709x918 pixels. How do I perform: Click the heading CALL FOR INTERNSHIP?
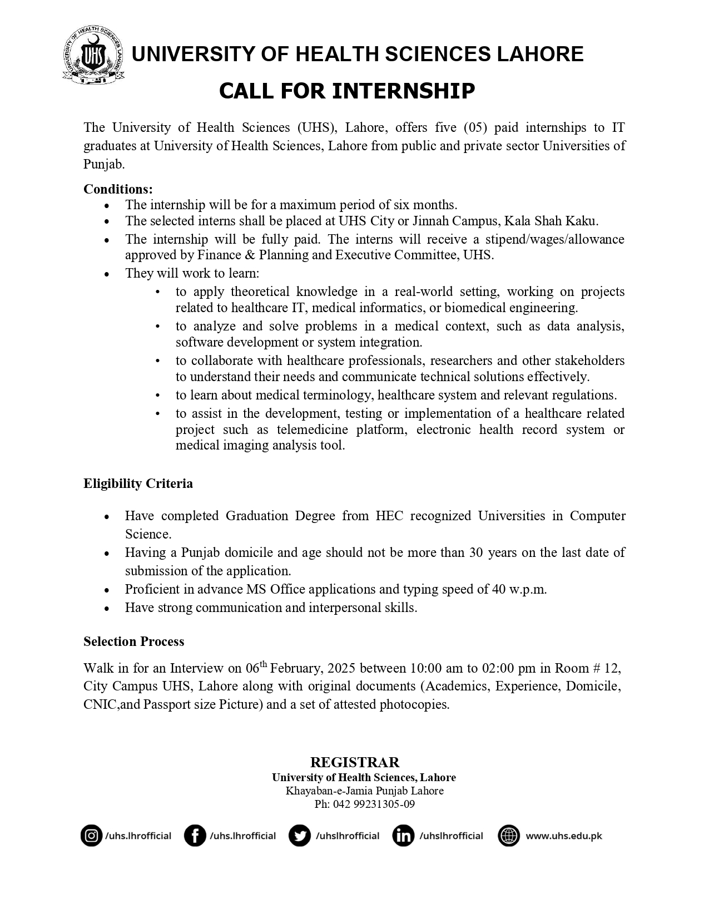tap(346, 91)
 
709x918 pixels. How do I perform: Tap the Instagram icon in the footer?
tap(91, 836)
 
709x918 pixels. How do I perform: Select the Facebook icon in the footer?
tap(195, 836)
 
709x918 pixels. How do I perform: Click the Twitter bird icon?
tap(299, 836)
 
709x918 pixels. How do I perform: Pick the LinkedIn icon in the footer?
tap(403, 836)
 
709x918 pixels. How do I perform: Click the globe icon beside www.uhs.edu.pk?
tap(508, 836)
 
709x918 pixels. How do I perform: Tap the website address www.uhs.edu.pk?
tap(563, 836)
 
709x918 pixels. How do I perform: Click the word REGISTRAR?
tap(355, 762)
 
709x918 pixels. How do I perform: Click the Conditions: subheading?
tap(118, 189)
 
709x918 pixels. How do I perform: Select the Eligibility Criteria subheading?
tap(138, 483)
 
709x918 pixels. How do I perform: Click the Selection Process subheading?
tap(133, 641)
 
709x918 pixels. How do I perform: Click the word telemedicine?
tap(312, 430)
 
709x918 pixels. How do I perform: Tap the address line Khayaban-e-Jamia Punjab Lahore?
tap(364, 791)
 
